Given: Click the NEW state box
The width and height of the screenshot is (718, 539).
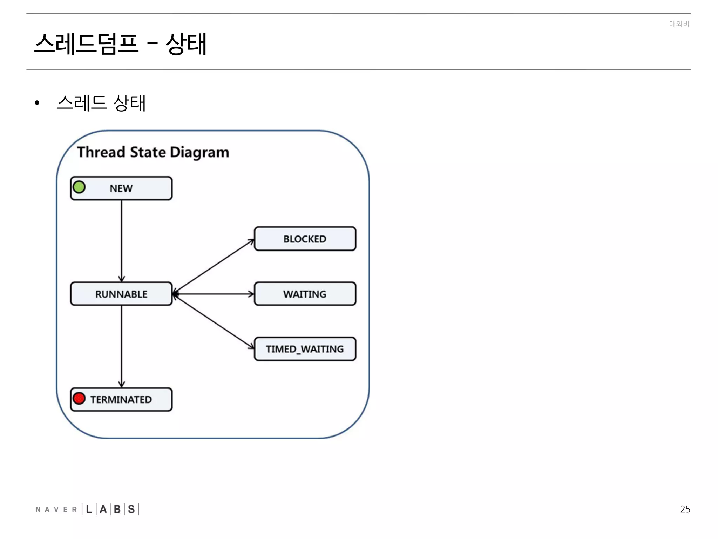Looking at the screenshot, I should (x=121, y=188).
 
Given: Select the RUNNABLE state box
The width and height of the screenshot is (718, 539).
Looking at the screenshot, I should (x=121, y=294).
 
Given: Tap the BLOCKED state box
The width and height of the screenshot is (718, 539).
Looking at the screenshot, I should (x=305, y=239).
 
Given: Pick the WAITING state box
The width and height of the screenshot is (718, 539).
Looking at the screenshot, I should (x=305, y=294).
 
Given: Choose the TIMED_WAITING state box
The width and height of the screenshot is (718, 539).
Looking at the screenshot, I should (x=305, y=349).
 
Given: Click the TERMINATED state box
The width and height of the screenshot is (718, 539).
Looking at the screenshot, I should (x=121, y=400).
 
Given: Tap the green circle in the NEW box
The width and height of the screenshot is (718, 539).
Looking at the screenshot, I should (x=79, y=187).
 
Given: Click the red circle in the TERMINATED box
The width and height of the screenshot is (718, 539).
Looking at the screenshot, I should (x=79, y=399).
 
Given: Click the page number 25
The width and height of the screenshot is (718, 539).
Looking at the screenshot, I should (x=685, y=509).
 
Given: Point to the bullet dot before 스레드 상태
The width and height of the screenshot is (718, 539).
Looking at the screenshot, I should (x=37, y=103).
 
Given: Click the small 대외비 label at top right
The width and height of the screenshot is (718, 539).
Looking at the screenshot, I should (x=679, y=24).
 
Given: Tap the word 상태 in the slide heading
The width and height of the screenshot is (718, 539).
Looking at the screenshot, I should (x=186, y=44).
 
